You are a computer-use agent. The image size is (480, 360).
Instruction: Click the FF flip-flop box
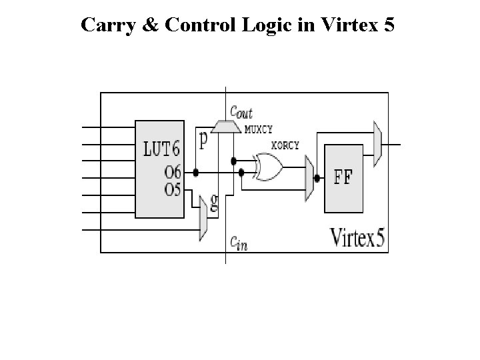pos(345,179)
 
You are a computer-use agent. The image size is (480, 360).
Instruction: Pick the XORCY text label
pos(284,145)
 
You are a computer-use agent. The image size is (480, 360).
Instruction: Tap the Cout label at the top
pos(241,113)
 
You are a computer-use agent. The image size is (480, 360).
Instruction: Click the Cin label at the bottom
pos(239,244)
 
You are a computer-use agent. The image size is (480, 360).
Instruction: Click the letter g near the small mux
pos(215,203)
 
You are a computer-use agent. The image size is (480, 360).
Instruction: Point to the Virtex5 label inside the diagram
pos(358,237)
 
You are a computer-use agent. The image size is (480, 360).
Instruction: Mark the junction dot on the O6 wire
pos(196,172)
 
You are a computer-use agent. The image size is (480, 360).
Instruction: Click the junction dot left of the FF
pos(317,179)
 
